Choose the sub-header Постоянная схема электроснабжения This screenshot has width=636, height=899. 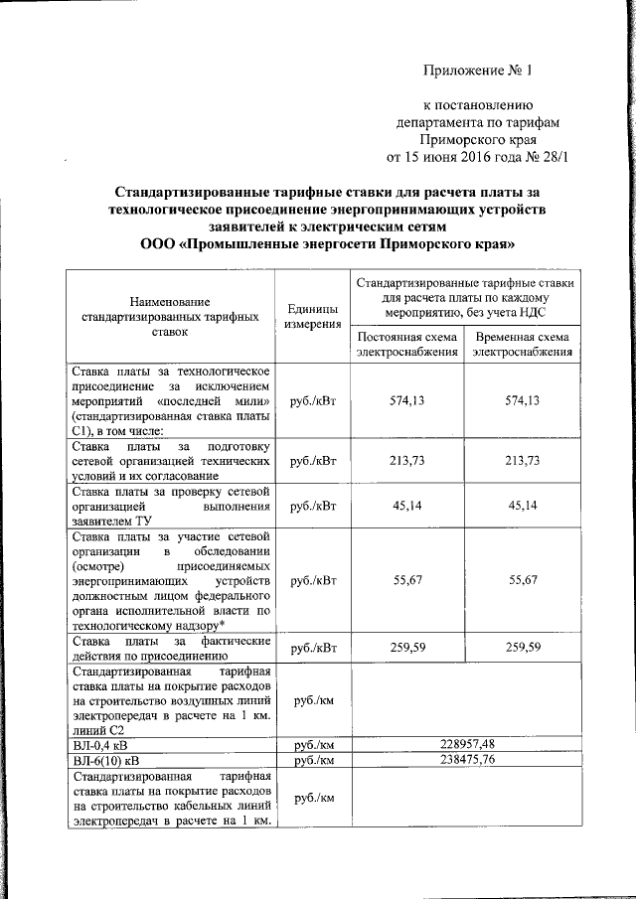click(407, 344)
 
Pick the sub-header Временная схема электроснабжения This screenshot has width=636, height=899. click(523, 344)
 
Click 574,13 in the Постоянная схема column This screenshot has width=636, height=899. click(407, 400)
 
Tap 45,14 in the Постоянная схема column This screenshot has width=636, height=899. click(407, 507)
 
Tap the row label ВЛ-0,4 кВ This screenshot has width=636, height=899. click(100, 743)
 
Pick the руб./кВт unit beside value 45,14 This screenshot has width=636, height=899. click(310, 507)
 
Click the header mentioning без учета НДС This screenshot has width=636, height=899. click(465, 297)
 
